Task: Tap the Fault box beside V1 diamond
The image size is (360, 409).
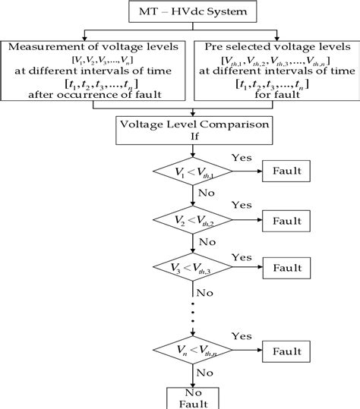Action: (x=288, y=171)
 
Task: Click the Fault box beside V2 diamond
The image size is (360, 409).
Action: (x=288, y=222)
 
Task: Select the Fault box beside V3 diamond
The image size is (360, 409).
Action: (x=288, y=268)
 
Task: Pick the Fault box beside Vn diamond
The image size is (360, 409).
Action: (x=288, y=352)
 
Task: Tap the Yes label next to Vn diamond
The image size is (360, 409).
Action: (x=241, y=336)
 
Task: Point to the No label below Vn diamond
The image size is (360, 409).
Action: (x=204, y=373)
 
